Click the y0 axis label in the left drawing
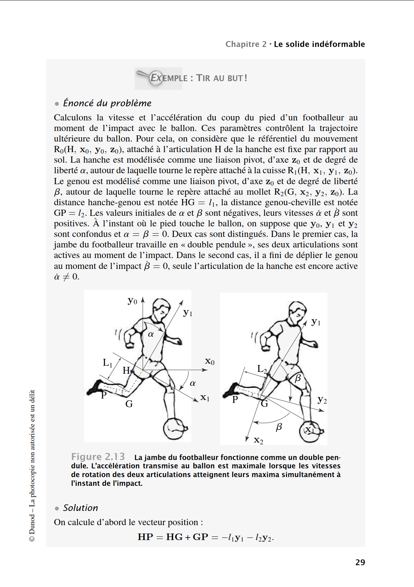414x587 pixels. tap(132, 301)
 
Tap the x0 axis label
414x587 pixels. tap(210, 361)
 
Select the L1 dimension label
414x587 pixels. tap(107, 363)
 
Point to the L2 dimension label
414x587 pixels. tap(262, 369)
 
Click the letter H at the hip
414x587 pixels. tap(126, 370)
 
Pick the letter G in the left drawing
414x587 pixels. tap(129, 404)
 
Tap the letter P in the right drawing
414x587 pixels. tap(235, 400)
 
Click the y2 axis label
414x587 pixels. tap(322, 400)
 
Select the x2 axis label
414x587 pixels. tap(258, 440)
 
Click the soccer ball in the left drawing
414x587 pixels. tap(176, 429)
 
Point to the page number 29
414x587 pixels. tap(360, 562)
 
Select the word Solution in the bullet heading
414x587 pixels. tap(81, 508)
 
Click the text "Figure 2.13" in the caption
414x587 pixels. tap(98, 457)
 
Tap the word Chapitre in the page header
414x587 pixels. tap(242, 44)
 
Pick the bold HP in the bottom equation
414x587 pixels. tap(145, 537)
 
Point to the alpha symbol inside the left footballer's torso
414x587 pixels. tap(151, 334)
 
